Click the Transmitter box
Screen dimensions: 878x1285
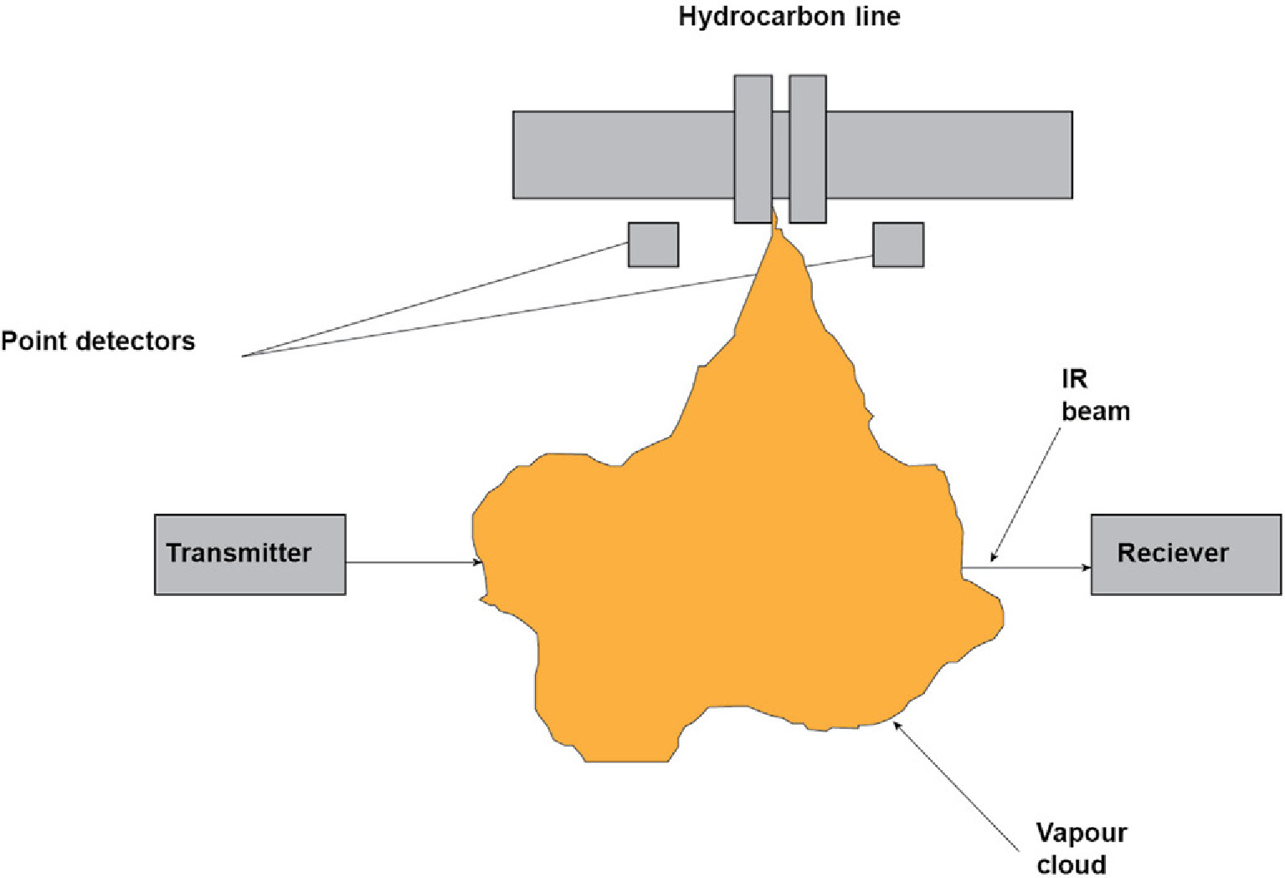coord(249,578)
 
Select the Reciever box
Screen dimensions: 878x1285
coord(1185,578)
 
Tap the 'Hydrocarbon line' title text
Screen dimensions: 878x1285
coord(789,17)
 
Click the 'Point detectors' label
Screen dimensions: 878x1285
coord(98,341)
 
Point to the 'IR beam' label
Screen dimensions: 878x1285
coord(1095,395)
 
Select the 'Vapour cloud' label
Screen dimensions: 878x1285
coord(1081,848)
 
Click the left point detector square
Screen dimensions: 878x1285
coord(653,244)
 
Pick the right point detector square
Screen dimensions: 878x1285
coord(898,244)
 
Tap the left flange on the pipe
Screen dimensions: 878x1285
coord(753,149)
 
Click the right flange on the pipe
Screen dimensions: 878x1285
coord(808,149)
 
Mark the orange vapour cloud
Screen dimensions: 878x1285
coord(737,569)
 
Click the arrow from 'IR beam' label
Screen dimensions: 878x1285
coord(1026,490)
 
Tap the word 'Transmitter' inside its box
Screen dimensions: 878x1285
coord(239,552)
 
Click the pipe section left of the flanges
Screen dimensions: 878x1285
coord(623,155)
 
